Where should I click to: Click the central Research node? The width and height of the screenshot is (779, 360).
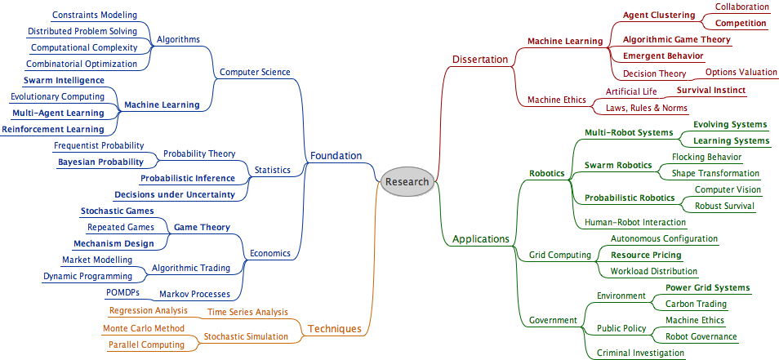406,181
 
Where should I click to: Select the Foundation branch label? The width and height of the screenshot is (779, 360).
336,156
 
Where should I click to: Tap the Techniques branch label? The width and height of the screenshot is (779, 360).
333,329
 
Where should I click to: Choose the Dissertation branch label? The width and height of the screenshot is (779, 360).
480,59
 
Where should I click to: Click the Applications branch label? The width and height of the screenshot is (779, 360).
481,239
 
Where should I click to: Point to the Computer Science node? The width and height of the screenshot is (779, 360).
255,72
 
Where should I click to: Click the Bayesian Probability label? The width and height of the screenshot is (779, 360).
100,162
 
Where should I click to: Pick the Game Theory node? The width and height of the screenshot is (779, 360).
202,227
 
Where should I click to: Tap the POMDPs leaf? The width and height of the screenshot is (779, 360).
123,292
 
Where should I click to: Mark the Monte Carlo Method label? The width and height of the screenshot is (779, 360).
143,328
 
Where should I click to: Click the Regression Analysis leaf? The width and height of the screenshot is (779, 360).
148,310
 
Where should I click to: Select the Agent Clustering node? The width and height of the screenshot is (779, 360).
659,15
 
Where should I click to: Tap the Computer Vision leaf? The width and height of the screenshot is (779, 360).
728,189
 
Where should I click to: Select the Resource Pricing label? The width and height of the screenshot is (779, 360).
646,255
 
